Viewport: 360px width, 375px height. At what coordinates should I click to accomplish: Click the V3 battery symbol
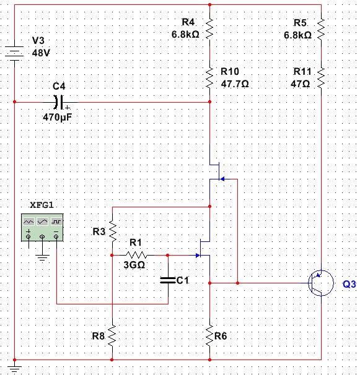14,54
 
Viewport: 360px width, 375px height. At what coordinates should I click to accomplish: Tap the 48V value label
41,53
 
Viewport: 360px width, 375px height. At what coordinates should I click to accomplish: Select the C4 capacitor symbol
59,102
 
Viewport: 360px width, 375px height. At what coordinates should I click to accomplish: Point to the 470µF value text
58,117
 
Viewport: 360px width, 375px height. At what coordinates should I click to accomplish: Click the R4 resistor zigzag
209,29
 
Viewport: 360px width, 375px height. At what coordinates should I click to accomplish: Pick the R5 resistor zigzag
321,29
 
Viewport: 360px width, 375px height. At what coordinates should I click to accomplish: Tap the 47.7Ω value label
235,84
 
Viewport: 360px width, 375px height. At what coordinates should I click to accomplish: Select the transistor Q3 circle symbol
321,283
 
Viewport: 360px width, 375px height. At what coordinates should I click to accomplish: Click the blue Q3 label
349,284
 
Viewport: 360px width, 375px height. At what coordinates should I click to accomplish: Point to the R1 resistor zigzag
136,255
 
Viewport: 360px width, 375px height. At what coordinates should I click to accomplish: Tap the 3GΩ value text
134,265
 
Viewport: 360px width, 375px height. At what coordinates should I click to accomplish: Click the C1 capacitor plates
168,280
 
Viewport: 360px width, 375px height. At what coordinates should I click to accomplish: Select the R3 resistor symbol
112,231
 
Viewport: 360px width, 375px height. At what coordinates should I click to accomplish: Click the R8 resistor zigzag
112,335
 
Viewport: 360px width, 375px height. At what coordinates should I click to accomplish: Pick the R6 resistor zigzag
209,335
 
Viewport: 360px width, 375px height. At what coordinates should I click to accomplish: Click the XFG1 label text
42,205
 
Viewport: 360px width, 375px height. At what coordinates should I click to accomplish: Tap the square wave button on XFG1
56,222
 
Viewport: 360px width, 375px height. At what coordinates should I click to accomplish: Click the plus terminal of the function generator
29,237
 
